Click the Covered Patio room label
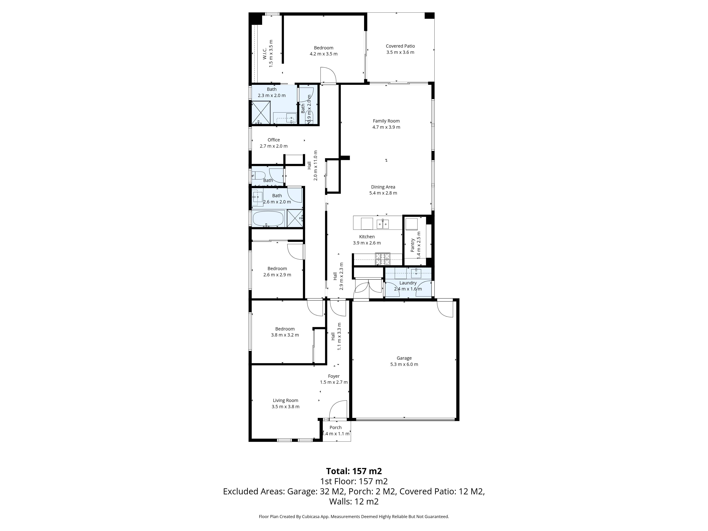[400, 46]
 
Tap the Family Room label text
[386, 121]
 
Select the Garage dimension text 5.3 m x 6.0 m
[404, 364]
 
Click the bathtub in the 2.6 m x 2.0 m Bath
[268, 219]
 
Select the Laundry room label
[408, 283]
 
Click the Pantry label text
[413, 245]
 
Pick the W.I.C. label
[265, 53]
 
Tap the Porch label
[335, 428]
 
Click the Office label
[274, 140]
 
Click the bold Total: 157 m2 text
[354, 471]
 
